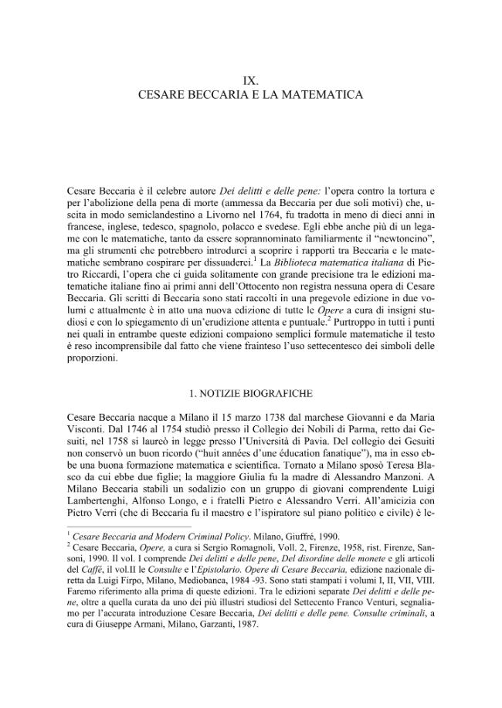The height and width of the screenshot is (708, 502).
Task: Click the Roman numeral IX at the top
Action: pyautogui.click(x=250, y=80)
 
